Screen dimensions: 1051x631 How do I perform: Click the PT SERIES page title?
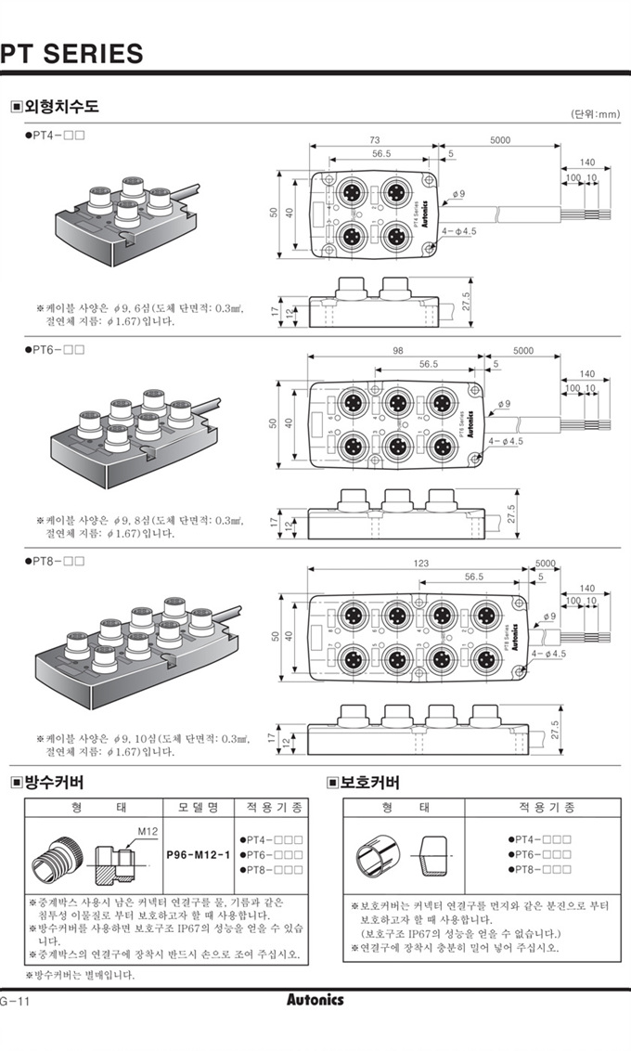click(x=71, y=53)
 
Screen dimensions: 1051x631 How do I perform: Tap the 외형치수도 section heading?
click(x=58, y=107)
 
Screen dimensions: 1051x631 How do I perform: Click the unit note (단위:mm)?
click(x=594, y=114)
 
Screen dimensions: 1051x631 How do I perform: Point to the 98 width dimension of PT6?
click(x=398, y=350)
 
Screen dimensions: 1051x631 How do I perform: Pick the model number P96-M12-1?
click(x=198, y=852)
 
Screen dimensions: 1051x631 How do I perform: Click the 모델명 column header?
click(x=198, y=807)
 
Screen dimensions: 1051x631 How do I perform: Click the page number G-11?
click(x=17, y=1001)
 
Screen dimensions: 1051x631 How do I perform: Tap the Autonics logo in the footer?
click(x=315, y=1000)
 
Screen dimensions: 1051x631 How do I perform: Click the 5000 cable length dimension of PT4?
click(x=500, y=140)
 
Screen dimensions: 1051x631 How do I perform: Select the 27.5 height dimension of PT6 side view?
click(x=510, y=513)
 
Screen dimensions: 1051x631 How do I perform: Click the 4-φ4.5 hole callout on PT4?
click(x=459, y=229)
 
